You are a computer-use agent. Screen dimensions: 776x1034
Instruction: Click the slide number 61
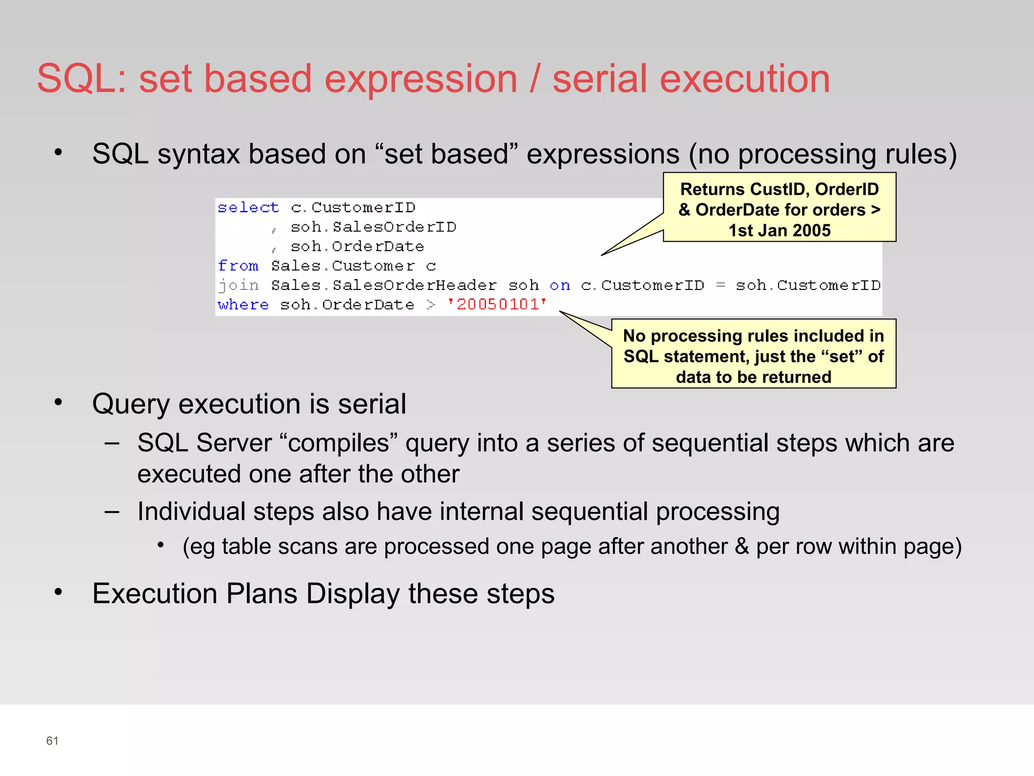(52, 741)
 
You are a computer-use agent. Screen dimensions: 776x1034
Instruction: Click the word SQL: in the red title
(82, 79)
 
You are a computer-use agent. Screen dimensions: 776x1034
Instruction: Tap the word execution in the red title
(745, 79)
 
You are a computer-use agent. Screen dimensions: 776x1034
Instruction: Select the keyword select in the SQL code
(248, 208)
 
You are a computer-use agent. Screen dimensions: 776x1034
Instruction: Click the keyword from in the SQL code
(238, 266)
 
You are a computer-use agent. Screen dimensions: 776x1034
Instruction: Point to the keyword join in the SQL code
(238, 285)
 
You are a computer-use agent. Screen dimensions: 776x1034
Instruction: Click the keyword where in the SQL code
(243, 305)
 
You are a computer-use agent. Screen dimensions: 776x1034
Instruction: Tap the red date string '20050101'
(497, 304)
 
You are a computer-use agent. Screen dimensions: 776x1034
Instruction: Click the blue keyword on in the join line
(559, 285)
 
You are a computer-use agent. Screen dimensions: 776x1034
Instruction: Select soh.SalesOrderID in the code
(373, 227)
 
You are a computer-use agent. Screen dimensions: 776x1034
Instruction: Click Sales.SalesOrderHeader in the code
(384, 285)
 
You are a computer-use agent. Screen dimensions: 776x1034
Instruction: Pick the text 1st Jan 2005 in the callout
(779, 230)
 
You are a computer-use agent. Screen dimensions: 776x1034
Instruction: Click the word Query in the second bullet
(131, 404)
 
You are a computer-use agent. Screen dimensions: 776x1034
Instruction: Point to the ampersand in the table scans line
(742, 547)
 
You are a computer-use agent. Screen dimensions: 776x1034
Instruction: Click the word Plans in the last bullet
(261, 594)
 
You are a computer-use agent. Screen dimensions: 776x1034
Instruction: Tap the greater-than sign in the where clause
(430, 305)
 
